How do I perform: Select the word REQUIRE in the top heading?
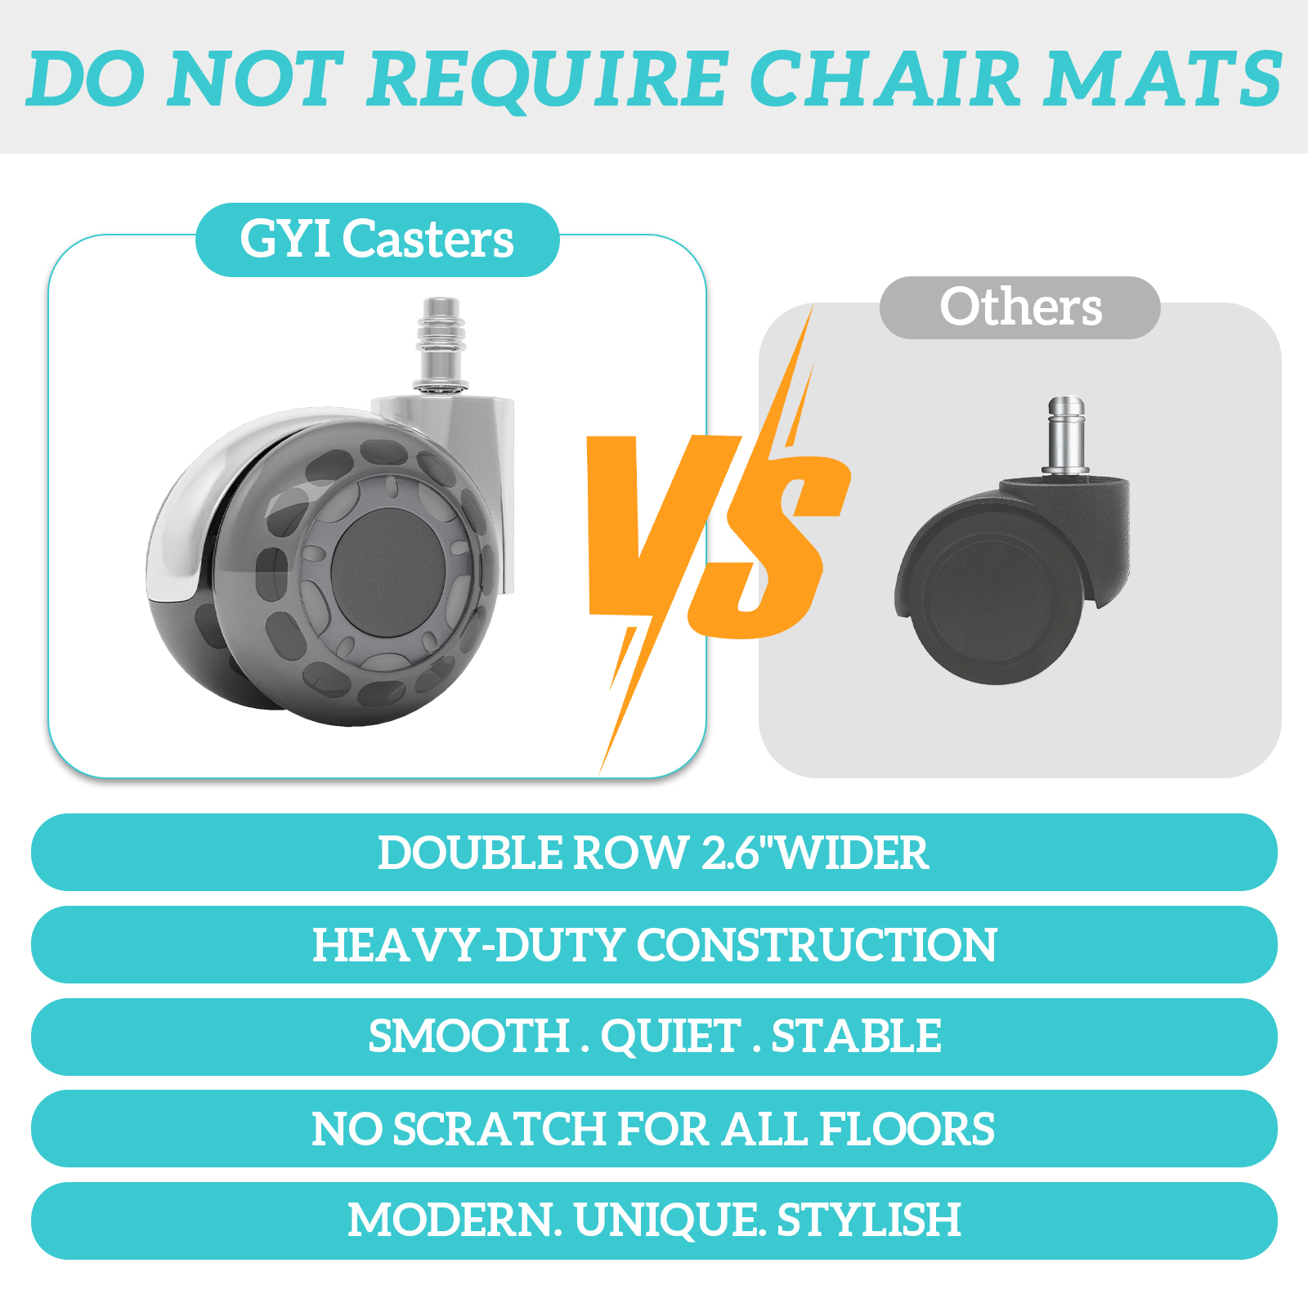[x=546, y=80]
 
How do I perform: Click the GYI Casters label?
[x=377, y=240]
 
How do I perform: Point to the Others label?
[x=1020, y=307]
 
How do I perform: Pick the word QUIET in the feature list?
[x=671, y=1037]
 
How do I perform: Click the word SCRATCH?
[x=500, y=1129]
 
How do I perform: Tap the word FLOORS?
[x=907, y=1129]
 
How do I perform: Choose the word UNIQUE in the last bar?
[x=666, y=1221]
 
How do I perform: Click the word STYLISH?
[x=869, y=1221]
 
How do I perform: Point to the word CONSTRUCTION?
[x=817, y=945]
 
